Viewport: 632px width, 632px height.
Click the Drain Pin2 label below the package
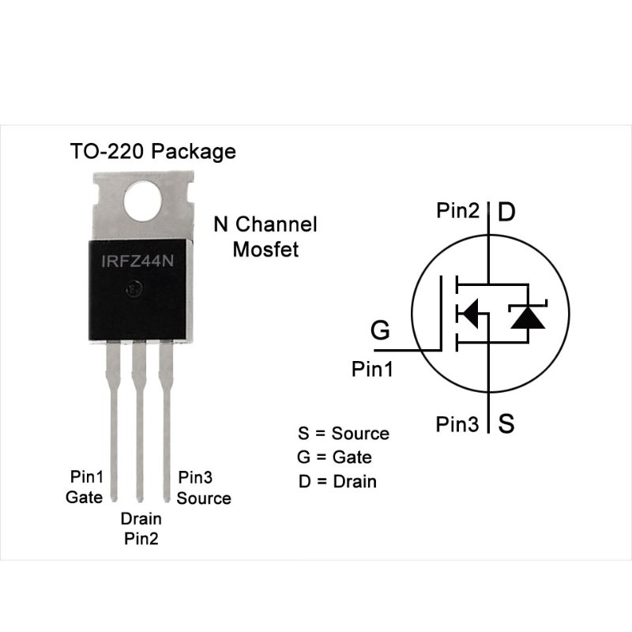(x=141, y=529)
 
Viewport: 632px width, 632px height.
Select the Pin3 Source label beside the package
(x=204, y=487)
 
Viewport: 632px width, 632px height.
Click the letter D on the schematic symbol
(x=507, y=212)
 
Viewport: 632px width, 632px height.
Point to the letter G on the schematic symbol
(x=381, y=330)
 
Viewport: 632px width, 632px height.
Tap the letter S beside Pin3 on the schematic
(x=507, y=424)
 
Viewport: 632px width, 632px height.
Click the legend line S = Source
(x=344, y=433)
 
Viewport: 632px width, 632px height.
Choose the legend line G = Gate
(x=335, y=457)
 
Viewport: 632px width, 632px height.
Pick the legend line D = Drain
(x=337, y=480)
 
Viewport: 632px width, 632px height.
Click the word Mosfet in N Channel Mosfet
(x=265, y=250)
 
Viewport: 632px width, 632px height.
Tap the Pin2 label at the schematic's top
(x=457, y=211)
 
